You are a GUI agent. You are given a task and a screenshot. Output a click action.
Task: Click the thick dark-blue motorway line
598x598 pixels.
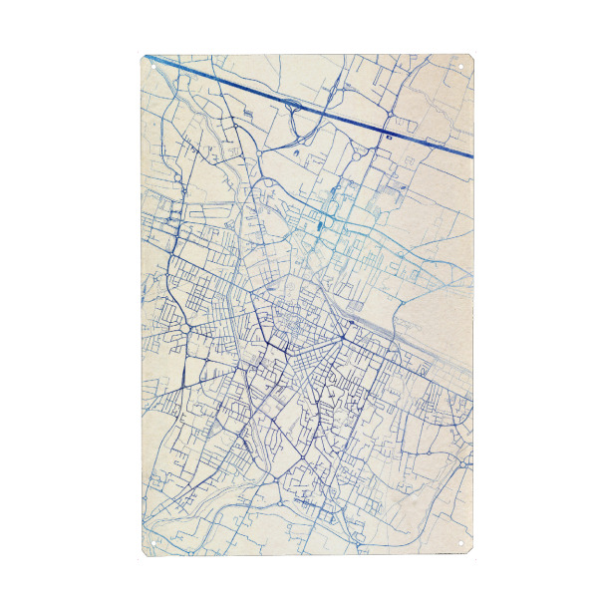coord(299,100)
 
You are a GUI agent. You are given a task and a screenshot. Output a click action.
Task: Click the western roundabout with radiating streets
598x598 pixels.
coord(186,327)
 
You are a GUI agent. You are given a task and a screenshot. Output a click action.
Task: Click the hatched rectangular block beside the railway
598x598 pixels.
coord(356,304)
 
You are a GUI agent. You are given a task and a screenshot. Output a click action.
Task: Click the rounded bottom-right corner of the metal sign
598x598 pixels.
coord(468,551)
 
